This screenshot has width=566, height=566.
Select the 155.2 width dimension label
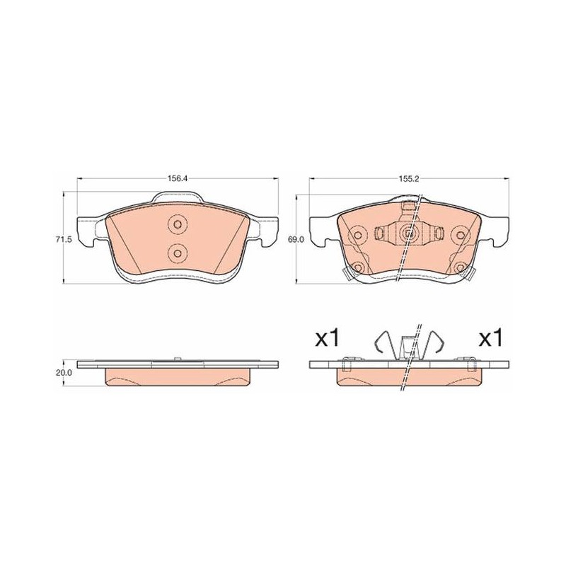click(x=409, y=179)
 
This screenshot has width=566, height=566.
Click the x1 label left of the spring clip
click(x=327, y=339)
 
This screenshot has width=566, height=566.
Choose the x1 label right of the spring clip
click(x=490, y=339)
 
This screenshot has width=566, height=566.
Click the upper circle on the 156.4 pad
click(x=178, y=224)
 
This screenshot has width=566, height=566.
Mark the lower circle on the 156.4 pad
click(x=178, y=253)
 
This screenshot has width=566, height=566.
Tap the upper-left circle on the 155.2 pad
click(x=358, y=236)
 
